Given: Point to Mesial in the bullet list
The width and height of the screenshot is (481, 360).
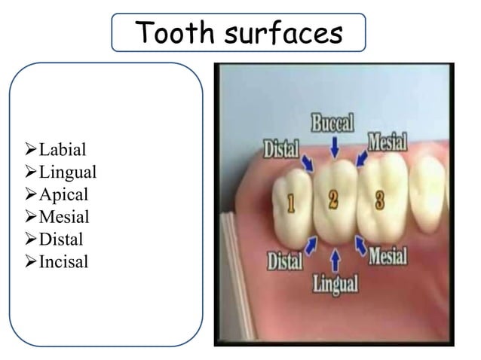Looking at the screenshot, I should (x=64, y=216).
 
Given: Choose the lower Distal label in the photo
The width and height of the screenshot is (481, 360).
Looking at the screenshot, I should (x=285, y=261).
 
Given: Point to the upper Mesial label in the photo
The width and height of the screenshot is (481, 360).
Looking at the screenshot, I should (x=387, y=142).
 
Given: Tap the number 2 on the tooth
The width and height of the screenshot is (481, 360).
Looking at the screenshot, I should (x=334, y=200).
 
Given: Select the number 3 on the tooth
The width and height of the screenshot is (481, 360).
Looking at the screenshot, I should (x=380, y=200).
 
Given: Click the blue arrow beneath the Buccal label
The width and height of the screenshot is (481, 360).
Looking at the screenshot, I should (x=335, y=148).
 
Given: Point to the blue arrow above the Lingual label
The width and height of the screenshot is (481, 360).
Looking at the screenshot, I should (x=335, y=259).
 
